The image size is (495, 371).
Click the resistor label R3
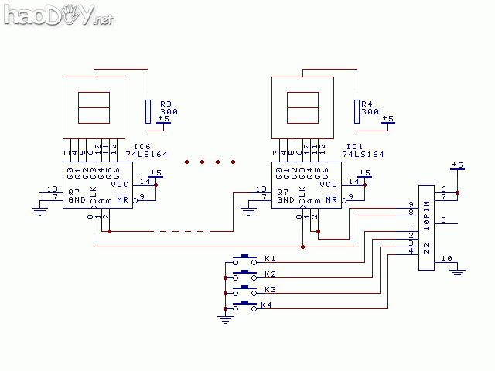tap(165, 104)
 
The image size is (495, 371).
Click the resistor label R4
tap(367, 104)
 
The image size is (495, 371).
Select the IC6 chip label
tap(143, 146)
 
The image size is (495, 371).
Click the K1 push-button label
tap(269, 257)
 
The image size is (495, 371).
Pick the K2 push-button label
tap(269, 274)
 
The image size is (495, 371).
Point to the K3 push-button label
tap(269, 289)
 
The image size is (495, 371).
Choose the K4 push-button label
tap(266, 305)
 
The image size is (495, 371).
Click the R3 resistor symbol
tap(148, 111)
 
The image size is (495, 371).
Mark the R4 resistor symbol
tap(357, 111)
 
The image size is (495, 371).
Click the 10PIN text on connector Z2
tap(427, 216)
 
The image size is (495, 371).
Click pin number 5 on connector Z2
tap(443, 221)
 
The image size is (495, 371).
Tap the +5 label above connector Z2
tap(457, 165)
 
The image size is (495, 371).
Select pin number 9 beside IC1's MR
tap(351, 196)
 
